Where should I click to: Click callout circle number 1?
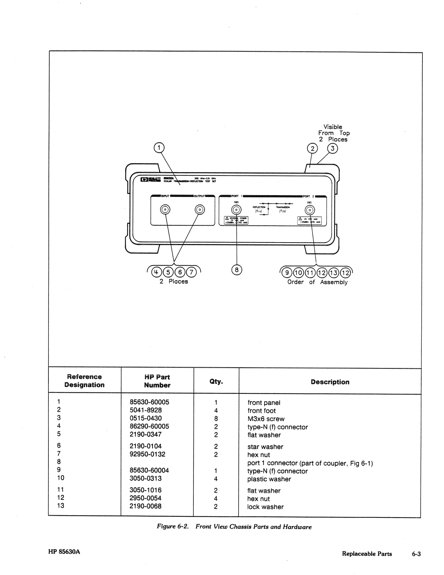click(x=159, y=148)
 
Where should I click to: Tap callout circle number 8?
click(x=237, y=270)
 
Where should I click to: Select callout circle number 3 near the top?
click(x=333, y=148)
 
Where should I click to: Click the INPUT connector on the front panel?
click(x=165, y=210)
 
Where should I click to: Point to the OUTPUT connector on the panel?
click(x=200, y=210)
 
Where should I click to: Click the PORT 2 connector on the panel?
click(x=310, y=210)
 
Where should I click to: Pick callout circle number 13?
click(x=334, y=272)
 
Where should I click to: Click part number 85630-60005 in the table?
click(x=149, y=402)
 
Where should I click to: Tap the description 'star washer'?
click(x=265, y=447)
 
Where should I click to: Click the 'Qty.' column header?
click(x=216, y=382)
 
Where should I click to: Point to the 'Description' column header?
click(x=330, y=382)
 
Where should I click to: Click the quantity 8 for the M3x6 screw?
click(x=216, y=419)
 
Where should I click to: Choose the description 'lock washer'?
click(x=265, y=507)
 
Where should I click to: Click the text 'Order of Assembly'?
click(x=317, y=282)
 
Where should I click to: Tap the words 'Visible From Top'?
click(x=333, y=130)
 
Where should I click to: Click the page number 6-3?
click(x=416, y=554)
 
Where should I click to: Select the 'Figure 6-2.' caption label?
click(x=173, y=526)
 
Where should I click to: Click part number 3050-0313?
click(x=146, y=478)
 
